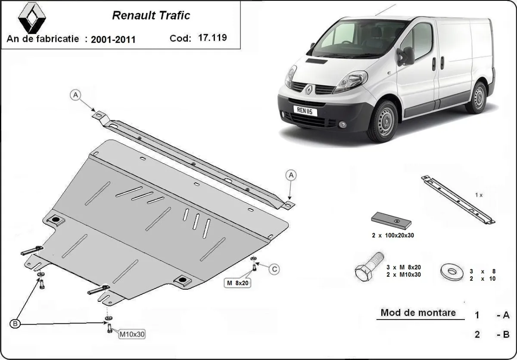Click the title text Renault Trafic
coord(151,16)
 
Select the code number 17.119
coord(212,37)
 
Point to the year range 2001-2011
coord(113,39)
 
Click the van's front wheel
coord(382,121)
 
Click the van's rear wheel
coord(477,98)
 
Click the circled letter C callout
coord(274,269)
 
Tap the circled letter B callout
coord(16,323)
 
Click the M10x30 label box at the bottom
coord(131,333)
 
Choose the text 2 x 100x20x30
coord(390,235)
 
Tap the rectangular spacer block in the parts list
coord(390,220)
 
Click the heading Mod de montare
coord(418,313)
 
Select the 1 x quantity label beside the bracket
coord(479,195)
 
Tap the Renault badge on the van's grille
coord(309,89)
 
